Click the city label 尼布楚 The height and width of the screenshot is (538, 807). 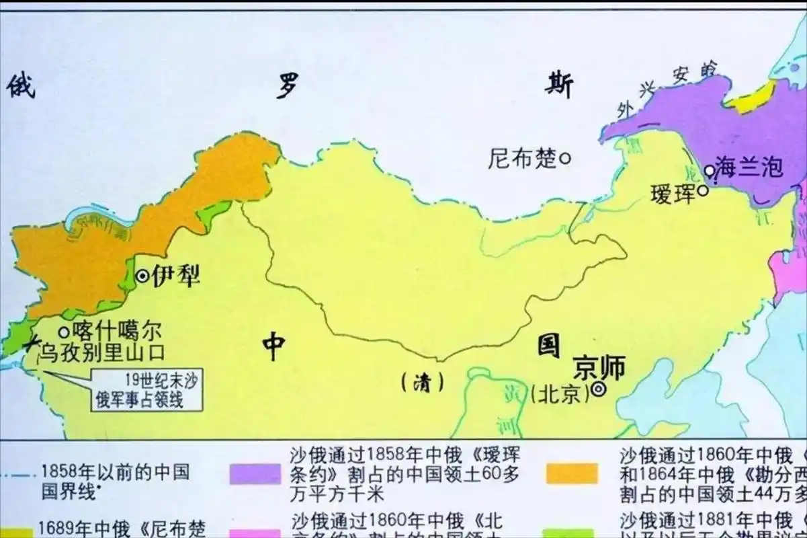(x=523, y=159)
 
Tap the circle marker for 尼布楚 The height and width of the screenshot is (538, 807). (x=565, y=159)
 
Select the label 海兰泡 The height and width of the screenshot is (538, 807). (x=749, y=166)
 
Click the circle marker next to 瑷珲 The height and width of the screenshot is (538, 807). (x=702, y=191)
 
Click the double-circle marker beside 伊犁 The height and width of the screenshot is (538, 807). (x=142, y=276)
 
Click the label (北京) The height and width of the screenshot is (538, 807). (x=559, y=393)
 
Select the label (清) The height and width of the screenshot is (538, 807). (x=422, y=383)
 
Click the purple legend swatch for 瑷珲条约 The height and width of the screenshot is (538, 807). (x=255, y=473)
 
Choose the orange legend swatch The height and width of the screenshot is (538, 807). (x=572, y=473)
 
